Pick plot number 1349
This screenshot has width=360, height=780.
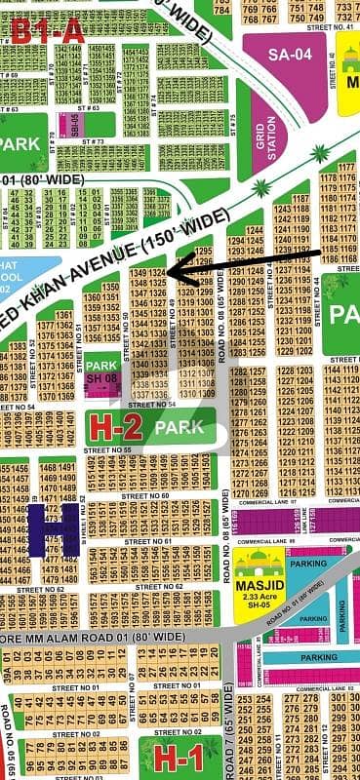[x=138, y=272]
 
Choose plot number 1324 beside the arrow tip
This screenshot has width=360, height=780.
[x=157, y=272]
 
